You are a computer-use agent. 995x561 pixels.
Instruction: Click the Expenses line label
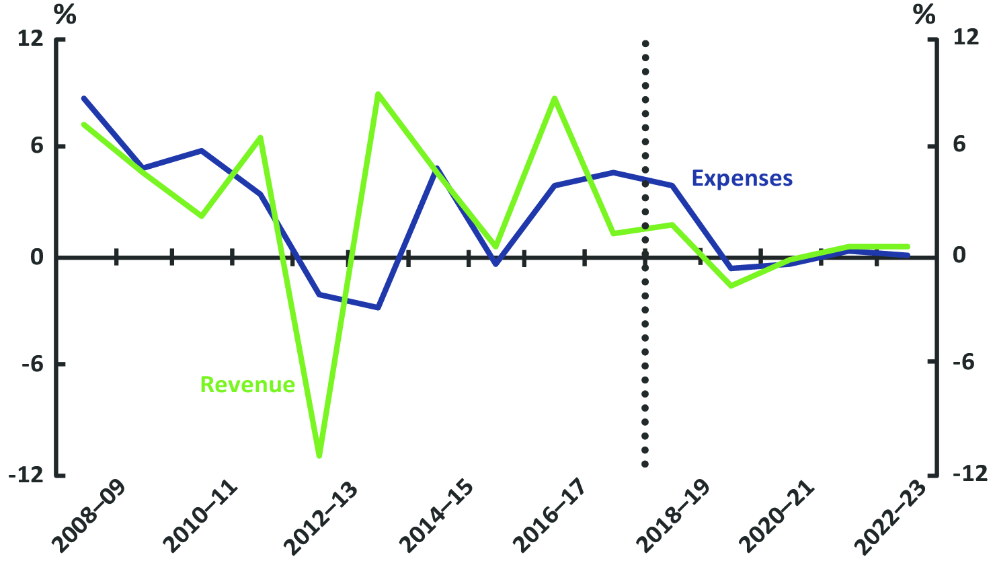pos(742,178)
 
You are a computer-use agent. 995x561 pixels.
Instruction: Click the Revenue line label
pos(247,385)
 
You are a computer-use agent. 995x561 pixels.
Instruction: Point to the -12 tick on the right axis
pos(965,474)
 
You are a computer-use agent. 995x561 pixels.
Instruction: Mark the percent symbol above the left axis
pos(65,15)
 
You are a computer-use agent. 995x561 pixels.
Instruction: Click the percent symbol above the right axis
pos(924,15)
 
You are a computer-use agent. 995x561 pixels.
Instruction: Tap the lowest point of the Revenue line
pos(319,456)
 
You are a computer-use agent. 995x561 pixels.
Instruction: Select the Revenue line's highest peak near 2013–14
pos(378,94)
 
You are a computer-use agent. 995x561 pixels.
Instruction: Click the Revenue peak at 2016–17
pos(555,99)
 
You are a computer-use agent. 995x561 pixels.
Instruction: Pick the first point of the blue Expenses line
pos(84,99)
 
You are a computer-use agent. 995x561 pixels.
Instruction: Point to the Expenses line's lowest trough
pos(378,307)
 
